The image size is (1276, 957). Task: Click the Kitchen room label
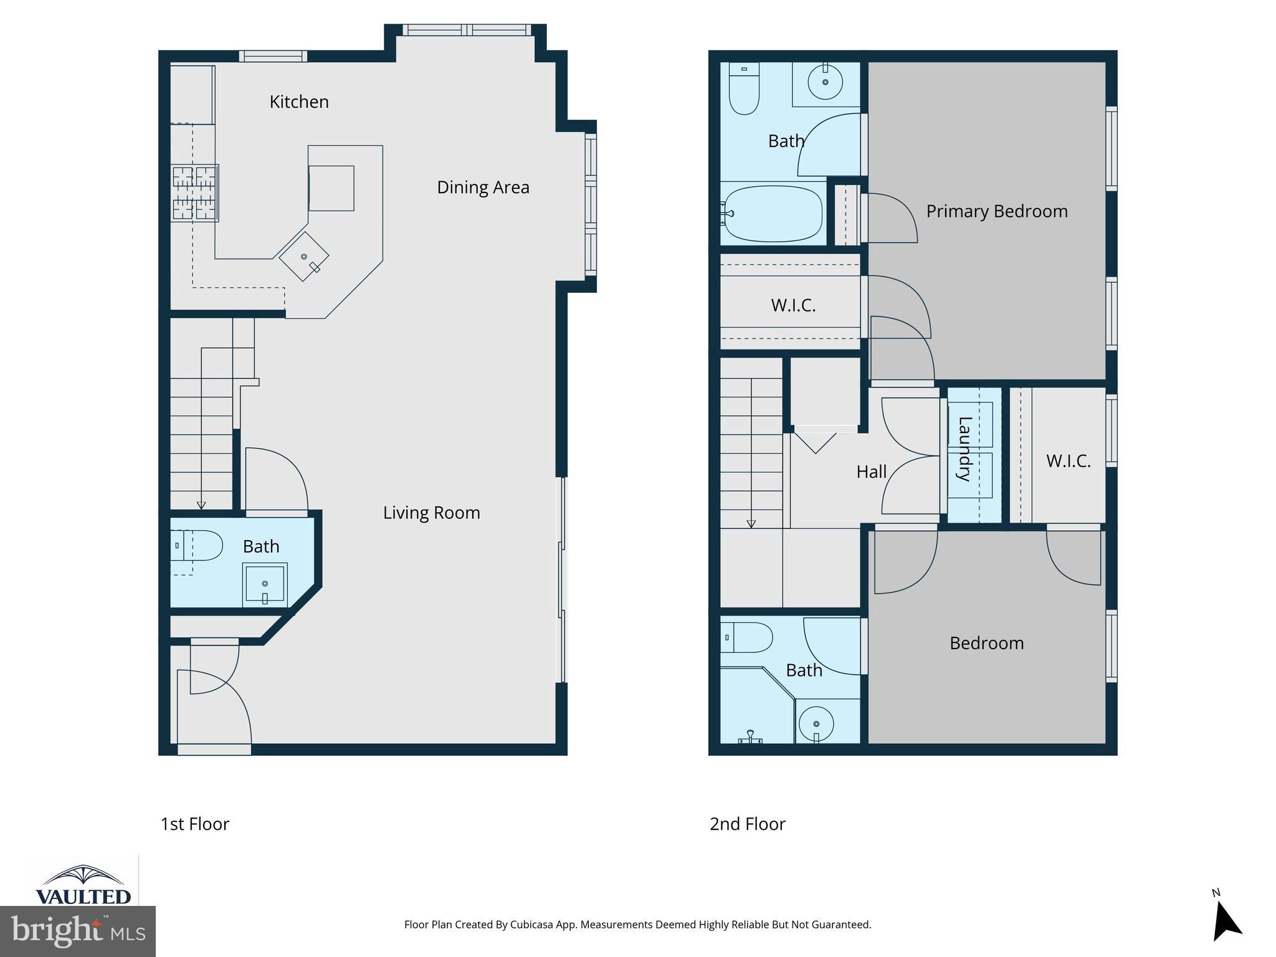click(299, 102)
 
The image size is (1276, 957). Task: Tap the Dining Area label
click(483, 187)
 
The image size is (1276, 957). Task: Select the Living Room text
click(431, 513)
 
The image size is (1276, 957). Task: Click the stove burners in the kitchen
click(195, 193)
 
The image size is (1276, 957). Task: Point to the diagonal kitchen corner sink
click(304, 256)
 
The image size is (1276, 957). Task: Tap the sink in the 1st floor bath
click(265, 584)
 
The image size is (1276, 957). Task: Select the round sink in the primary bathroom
click(825, 82)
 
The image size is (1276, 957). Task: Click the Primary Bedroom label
click(997, 211)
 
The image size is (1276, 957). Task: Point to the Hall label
click(871, 472)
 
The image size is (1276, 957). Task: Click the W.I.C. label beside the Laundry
click(1068, 461)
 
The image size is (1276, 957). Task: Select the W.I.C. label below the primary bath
click(793, 305)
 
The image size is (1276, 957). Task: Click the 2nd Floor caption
click(747, 824)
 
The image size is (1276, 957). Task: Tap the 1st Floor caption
click(195, 824)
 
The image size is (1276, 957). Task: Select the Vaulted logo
click(83, 884)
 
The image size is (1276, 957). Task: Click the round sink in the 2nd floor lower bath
click(816, 725)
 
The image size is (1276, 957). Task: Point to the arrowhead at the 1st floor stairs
click(201, 505)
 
